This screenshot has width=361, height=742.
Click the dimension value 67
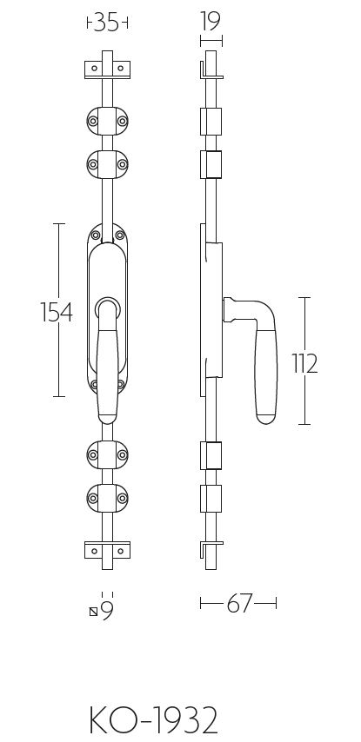tap(238, 605)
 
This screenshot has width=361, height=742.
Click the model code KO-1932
tap(153, 719)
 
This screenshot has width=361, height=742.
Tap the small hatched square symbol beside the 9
tap(94, 612)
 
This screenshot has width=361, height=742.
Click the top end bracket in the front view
tap(107, 69)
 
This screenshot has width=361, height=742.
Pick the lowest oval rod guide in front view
tap(107, 498)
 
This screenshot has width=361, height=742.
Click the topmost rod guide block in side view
tap(211, 120)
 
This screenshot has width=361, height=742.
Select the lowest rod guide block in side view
tap(211, 498)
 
